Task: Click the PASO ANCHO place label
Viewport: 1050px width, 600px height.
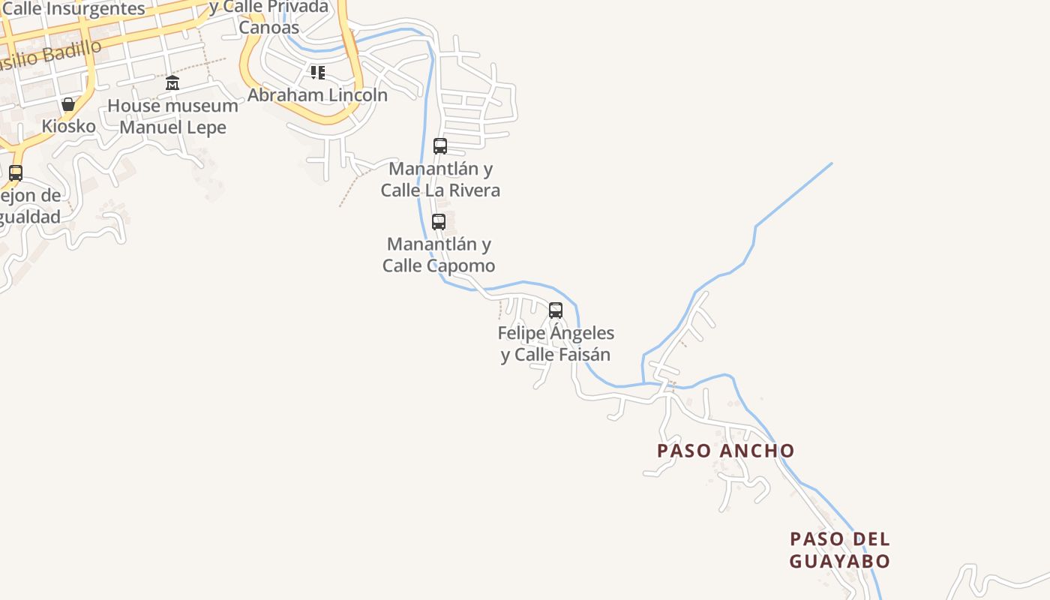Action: [725, 451]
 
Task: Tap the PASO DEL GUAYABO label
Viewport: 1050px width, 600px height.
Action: [840, 550]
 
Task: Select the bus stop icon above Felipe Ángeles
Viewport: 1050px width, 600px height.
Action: [556, 310]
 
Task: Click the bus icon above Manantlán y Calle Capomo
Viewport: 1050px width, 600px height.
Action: [439, 222]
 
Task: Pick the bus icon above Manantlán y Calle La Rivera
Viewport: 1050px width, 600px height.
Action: [440, 146]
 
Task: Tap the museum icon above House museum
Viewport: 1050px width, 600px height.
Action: [172, 82]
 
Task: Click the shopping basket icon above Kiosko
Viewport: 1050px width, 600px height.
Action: [68, 104]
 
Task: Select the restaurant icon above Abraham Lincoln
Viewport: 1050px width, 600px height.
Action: [318, 73]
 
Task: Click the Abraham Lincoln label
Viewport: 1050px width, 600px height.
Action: [318, 95]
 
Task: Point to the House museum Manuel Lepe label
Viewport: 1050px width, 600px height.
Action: [172, 116]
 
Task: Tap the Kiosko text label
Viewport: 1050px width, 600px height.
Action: [69, 126]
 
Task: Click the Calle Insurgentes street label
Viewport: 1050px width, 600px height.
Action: [73, 9]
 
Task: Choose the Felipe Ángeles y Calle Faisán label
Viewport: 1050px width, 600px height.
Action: [556, 343]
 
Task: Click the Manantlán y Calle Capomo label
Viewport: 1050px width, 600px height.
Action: [439, 255]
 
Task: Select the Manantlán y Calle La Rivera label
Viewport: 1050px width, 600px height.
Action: [440, 179]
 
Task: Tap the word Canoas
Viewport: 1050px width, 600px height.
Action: [269, 28]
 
